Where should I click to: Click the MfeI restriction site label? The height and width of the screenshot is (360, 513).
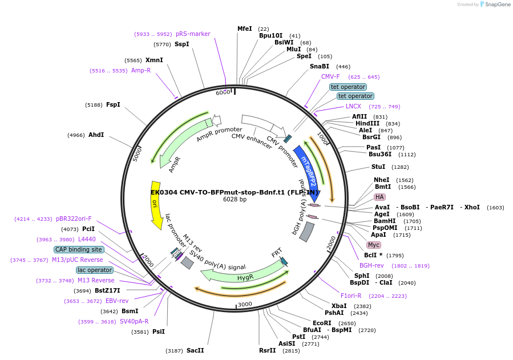pyautogui.click(x=244, y=29)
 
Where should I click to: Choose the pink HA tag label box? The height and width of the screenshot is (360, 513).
pyautogui.click(x=379, y=197)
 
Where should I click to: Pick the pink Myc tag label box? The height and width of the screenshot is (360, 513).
pyautogui.click(x=374, y=245)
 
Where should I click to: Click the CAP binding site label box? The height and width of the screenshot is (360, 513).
pyautogui.click(x=79, y=249)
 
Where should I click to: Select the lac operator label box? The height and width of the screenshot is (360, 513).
pyautogui.click(x=95, y=270)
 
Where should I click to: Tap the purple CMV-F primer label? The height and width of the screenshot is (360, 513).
pyautogui.click(x=330, y=76)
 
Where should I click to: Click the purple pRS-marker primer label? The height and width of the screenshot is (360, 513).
pyautogui.click(x=193, y=34)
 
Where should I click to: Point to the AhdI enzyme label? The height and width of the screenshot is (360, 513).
pyautogui.click(x=96, y=135)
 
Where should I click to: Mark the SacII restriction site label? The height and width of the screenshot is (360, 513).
pyautogui.click(x=195, y=350)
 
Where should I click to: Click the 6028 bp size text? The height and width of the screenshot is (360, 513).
pyautogui.click(x=235, y=199)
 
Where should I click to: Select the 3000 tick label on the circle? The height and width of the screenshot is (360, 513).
pyautogui.click(x=245, y=304)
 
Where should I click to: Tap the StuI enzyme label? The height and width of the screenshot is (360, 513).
pyautogui.click(x=378, y=167)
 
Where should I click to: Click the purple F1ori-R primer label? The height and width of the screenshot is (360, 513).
pyautogui.click(x=351, y=296)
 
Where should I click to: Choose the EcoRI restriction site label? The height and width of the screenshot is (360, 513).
pyautogui.click(x=322, y=323)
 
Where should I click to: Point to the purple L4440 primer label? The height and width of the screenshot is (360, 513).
pyautogui.click(x=87, y=239)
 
